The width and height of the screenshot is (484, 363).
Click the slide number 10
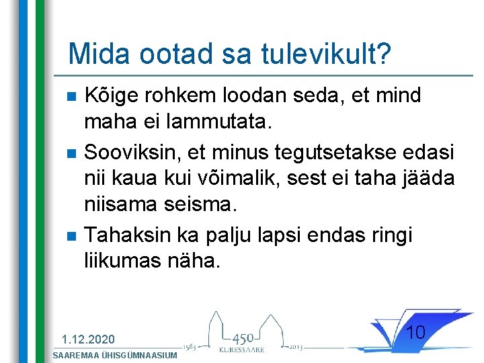(x=416, y=332)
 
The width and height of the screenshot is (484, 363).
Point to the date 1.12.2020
(x=88, y=339)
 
